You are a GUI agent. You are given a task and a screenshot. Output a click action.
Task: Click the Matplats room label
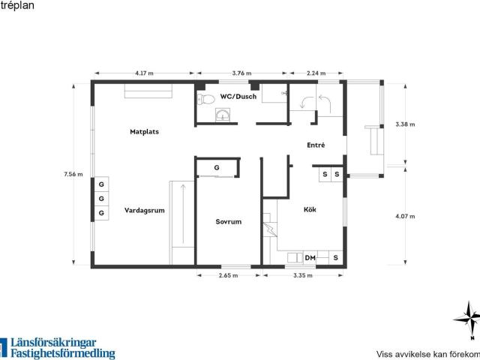(144, 132)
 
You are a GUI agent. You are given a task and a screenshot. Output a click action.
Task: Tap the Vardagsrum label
(145, 211)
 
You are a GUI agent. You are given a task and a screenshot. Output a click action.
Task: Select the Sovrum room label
(228, 222)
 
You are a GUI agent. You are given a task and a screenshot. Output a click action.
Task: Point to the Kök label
(310, 209)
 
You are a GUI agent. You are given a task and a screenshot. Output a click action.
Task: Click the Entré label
(316, 145)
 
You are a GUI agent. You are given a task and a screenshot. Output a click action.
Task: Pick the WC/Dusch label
(238, 97)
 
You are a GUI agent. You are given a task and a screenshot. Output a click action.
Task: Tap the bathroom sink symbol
(223, 115)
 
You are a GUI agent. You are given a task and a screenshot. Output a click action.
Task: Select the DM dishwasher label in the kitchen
(310, 258)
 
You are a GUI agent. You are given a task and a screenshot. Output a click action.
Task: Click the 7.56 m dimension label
(73, 174)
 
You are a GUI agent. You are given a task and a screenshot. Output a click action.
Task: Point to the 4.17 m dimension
(144, 73)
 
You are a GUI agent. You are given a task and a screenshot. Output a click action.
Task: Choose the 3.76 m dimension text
(241, 73)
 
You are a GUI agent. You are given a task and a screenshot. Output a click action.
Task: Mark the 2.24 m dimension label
(316, 73)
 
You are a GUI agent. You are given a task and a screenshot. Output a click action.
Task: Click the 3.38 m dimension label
(405, 124)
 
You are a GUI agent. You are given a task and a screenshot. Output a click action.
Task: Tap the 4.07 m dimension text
(405, 217)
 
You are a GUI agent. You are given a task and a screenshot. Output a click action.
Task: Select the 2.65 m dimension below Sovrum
(228, 275)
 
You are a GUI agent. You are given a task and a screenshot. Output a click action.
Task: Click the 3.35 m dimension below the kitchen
(303, 275)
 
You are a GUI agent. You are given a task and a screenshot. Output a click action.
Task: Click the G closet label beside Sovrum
(217, 168)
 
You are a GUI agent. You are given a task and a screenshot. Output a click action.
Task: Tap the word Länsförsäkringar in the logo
(53, 343)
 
